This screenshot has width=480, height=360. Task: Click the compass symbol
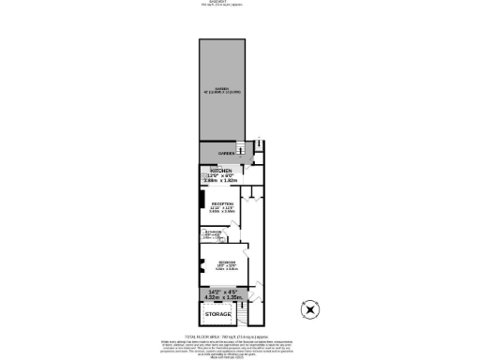310,308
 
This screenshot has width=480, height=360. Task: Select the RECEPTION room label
222,203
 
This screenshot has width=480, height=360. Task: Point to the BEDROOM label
225,262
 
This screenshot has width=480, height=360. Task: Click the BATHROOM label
214,233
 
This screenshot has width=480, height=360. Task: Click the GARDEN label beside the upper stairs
226,153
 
